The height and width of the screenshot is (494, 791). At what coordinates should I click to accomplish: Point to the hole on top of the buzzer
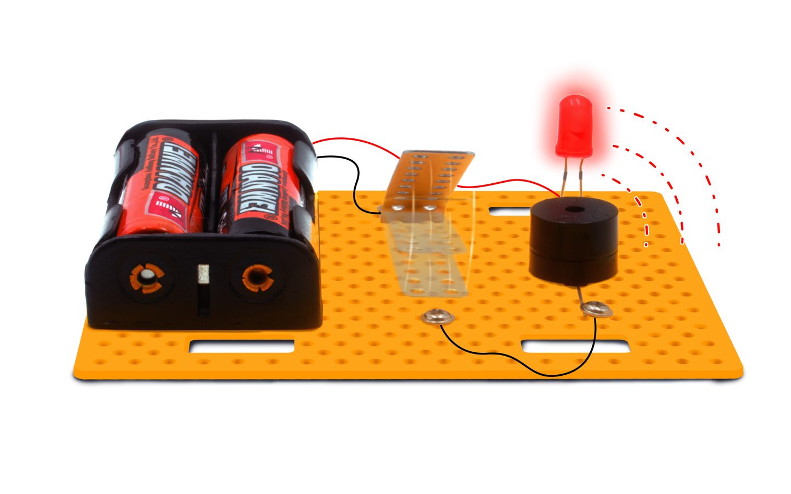pos(574,210)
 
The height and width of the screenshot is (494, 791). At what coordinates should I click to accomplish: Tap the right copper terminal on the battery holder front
pos(257,278)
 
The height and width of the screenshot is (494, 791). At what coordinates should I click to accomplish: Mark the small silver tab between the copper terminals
pos(204,274)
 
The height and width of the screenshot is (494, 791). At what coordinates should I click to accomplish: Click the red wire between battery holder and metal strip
pos(356,141)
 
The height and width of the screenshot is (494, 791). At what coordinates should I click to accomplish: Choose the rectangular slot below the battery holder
pos(241,346)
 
